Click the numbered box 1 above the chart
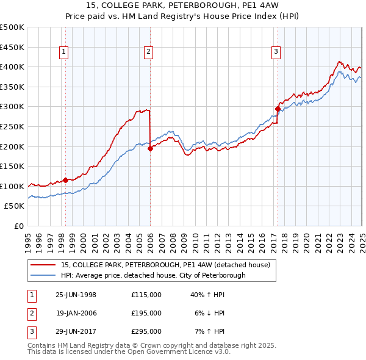pyautogui.click(x=64, y=52)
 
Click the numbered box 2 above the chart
pyautogui.click(x=148, y=52)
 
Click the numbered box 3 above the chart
pyautogui.click(x=276, y=52)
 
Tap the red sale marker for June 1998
pyautogui.click(x=66, y=180)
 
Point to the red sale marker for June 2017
pyautogui.click(x=278, y=109)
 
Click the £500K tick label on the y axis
pyautogui.click(x=12, y=27)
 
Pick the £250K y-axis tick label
pyautogui.click(x=12, y=127)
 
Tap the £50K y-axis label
pyautogui.click(x=15, y=206)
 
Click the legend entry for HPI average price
pyautogui.click(x=153, y=275)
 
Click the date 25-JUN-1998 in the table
pyautogui.click(x=76, y=295)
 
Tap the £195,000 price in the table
pyautogui.click(x=146, y=313)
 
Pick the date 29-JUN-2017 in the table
pyautogui.click(x=76, y=331)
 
